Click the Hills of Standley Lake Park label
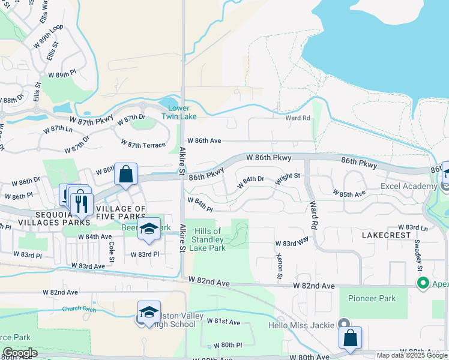click(x=208, y=239)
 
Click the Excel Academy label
click(x=408, y=186)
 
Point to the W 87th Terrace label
click(x=143, y=144)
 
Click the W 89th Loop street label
click(x=52, y=37)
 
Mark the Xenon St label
click(x=279, y=266)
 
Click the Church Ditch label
click(x=78, y=309)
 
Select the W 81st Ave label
click(x=223, y=322)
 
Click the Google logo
click(x=19, y=353)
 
